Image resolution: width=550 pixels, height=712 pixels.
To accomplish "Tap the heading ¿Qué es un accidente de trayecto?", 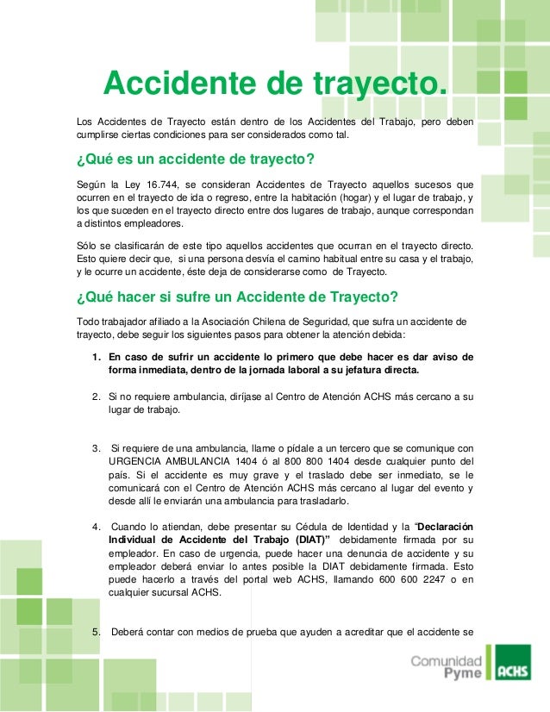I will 194,161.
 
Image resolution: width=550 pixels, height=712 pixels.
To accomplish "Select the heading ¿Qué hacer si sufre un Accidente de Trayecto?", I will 237,299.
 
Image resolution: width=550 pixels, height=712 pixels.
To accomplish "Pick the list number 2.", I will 95,397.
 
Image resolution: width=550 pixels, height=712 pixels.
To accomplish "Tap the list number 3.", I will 95,447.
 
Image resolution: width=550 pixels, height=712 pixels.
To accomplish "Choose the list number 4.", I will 95,527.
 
